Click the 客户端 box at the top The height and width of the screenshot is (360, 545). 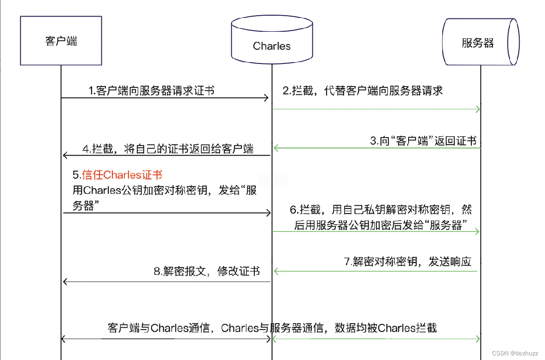click(x=61, y=41)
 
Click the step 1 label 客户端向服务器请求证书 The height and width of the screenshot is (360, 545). click(x=152, y=91)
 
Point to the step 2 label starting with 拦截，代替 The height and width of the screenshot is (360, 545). click(x=363, y=91)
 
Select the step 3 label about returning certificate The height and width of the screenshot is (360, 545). click(x=423, y=141)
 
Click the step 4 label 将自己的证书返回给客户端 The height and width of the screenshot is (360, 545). click(x=168, y=149)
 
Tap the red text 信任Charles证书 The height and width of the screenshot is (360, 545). click(x=117, y=175)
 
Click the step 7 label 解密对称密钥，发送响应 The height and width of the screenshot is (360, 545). click(x=408, y=262)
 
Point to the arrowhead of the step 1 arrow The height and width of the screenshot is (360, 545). click(x=266, y=98)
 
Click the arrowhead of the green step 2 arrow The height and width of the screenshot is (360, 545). click(x=478, y=109)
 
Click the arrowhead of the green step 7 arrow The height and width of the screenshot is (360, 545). click(x=276, y=272)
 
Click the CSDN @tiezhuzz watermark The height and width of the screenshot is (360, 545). click(x=515, y=353)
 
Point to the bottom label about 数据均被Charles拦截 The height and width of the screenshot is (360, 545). click(x=272, y=328)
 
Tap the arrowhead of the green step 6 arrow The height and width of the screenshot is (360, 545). click(x=478, y=232)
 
